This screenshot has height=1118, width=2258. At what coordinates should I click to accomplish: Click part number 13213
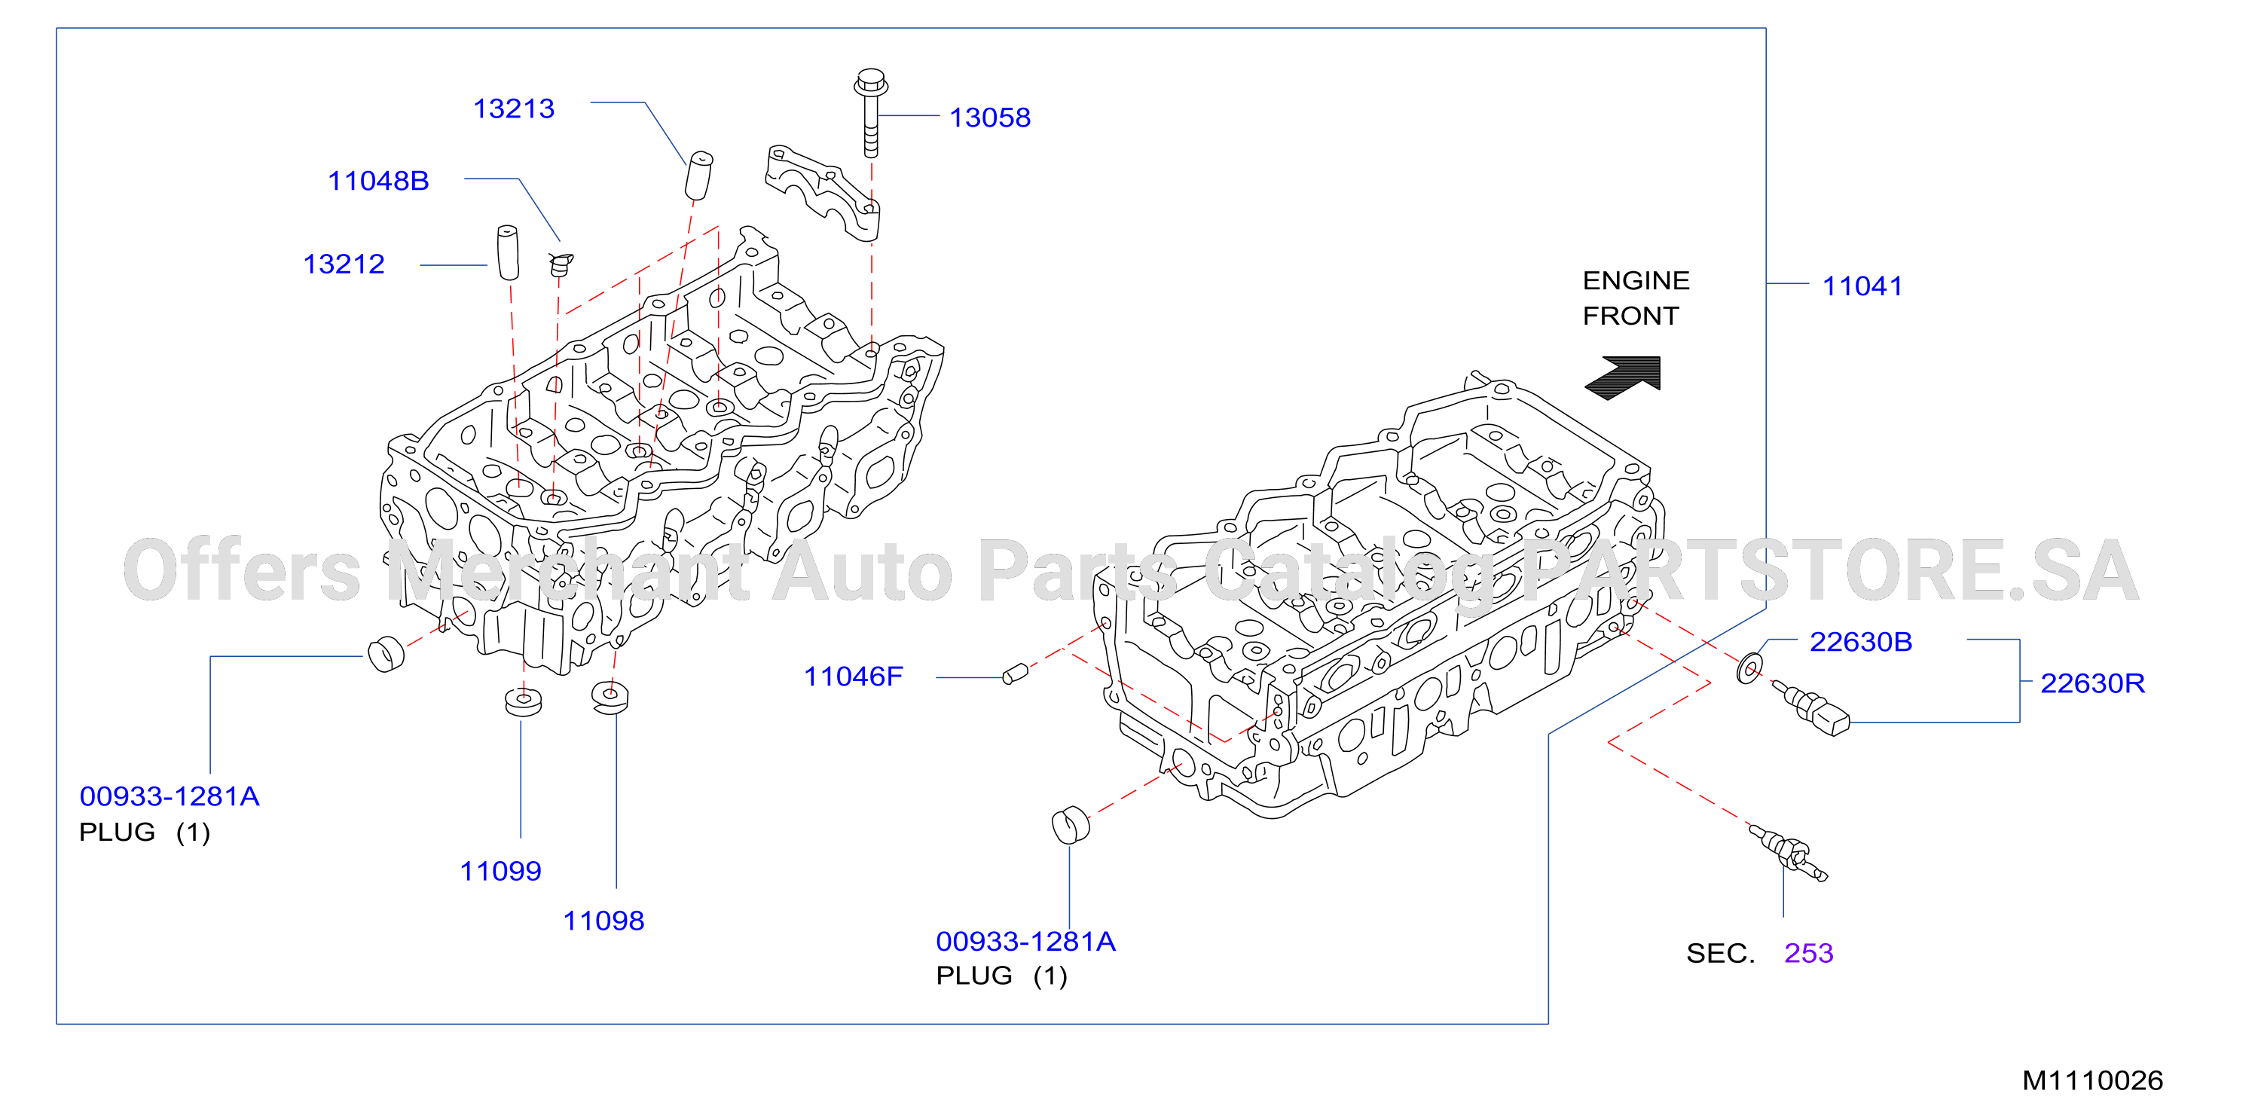(514, 108)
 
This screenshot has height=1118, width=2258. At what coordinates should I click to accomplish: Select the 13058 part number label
(990, 118)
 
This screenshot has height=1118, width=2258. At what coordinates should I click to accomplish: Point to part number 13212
(344, 264)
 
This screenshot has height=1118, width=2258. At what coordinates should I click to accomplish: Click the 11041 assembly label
(1862, 286)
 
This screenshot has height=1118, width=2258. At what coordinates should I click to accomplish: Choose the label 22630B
(1860, 641)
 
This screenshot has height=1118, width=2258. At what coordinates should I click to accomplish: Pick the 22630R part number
(2092, 683)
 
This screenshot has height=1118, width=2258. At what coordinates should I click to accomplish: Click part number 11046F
(853, 677)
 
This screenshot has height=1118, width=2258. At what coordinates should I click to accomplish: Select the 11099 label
(500, 871)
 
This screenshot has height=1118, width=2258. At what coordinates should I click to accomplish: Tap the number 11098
(603, 921)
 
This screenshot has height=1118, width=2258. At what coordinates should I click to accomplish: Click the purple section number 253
(1808, 952)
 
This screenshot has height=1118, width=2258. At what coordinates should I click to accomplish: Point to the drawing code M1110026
(2092, 1080)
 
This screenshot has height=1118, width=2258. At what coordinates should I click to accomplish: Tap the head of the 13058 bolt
(870, 83)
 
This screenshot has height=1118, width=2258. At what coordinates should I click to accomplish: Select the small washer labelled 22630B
(1749, 668)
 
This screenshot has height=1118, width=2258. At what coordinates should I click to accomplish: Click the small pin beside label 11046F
(1015, 674)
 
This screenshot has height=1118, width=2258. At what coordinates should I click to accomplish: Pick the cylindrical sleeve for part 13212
(508, 252)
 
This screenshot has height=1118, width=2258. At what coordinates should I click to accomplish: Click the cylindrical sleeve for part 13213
(698, 176)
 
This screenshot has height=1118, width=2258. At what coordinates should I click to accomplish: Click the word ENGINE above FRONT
(1636, 280)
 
